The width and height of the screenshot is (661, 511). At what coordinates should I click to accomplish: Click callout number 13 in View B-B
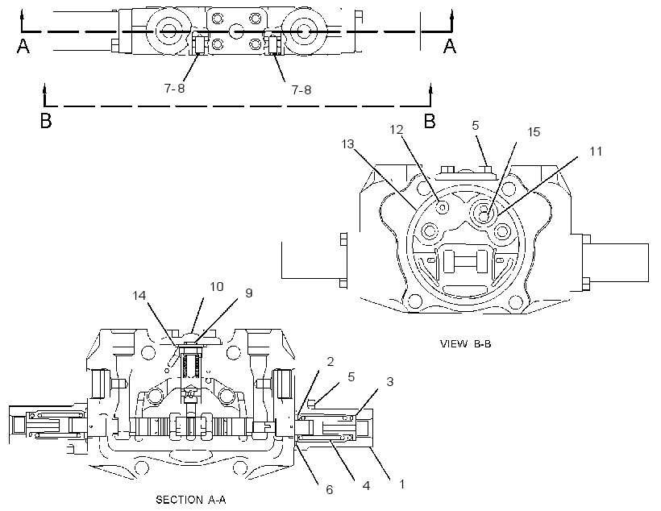click(347, 144)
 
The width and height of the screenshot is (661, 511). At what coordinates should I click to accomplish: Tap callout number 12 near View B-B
click(397, 130)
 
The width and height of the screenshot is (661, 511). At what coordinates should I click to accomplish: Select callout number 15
click(534, 132)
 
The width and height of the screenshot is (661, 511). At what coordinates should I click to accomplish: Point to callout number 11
click(596, 151)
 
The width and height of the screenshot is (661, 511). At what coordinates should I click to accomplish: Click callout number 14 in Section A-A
click(139, 296)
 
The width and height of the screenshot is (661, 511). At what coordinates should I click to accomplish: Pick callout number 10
click(217, 287)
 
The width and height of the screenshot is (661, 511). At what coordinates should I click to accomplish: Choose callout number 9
click(249, 293)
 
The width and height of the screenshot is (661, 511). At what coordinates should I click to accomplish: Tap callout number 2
click(330, 362)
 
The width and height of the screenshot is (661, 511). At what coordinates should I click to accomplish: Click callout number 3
click(390, 381)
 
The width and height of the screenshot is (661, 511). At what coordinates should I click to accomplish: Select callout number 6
click(329, 489)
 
